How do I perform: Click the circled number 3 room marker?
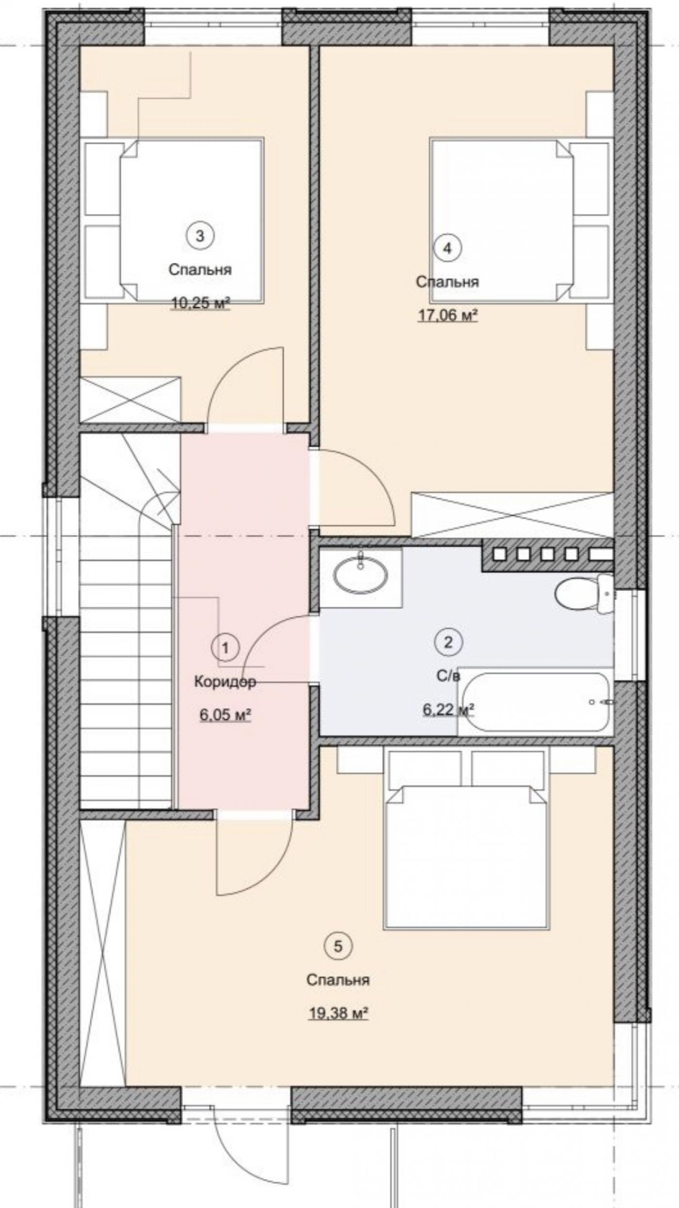(200, 236)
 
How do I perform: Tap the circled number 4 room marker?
(448, 248)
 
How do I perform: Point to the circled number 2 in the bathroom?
(448, 642)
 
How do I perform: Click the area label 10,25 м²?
(200, 303)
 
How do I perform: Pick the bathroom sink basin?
(360, 574)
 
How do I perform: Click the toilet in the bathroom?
(584, 595)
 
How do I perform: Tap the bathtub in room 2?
(535, 702)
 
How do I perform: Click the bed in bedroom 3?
(175, 221)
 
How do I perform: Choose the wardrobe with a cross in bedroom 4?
(512, 515)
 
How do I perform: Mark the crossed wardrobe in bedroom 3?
(130, 399)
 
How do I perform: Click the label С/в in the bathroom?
(448, 676)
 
